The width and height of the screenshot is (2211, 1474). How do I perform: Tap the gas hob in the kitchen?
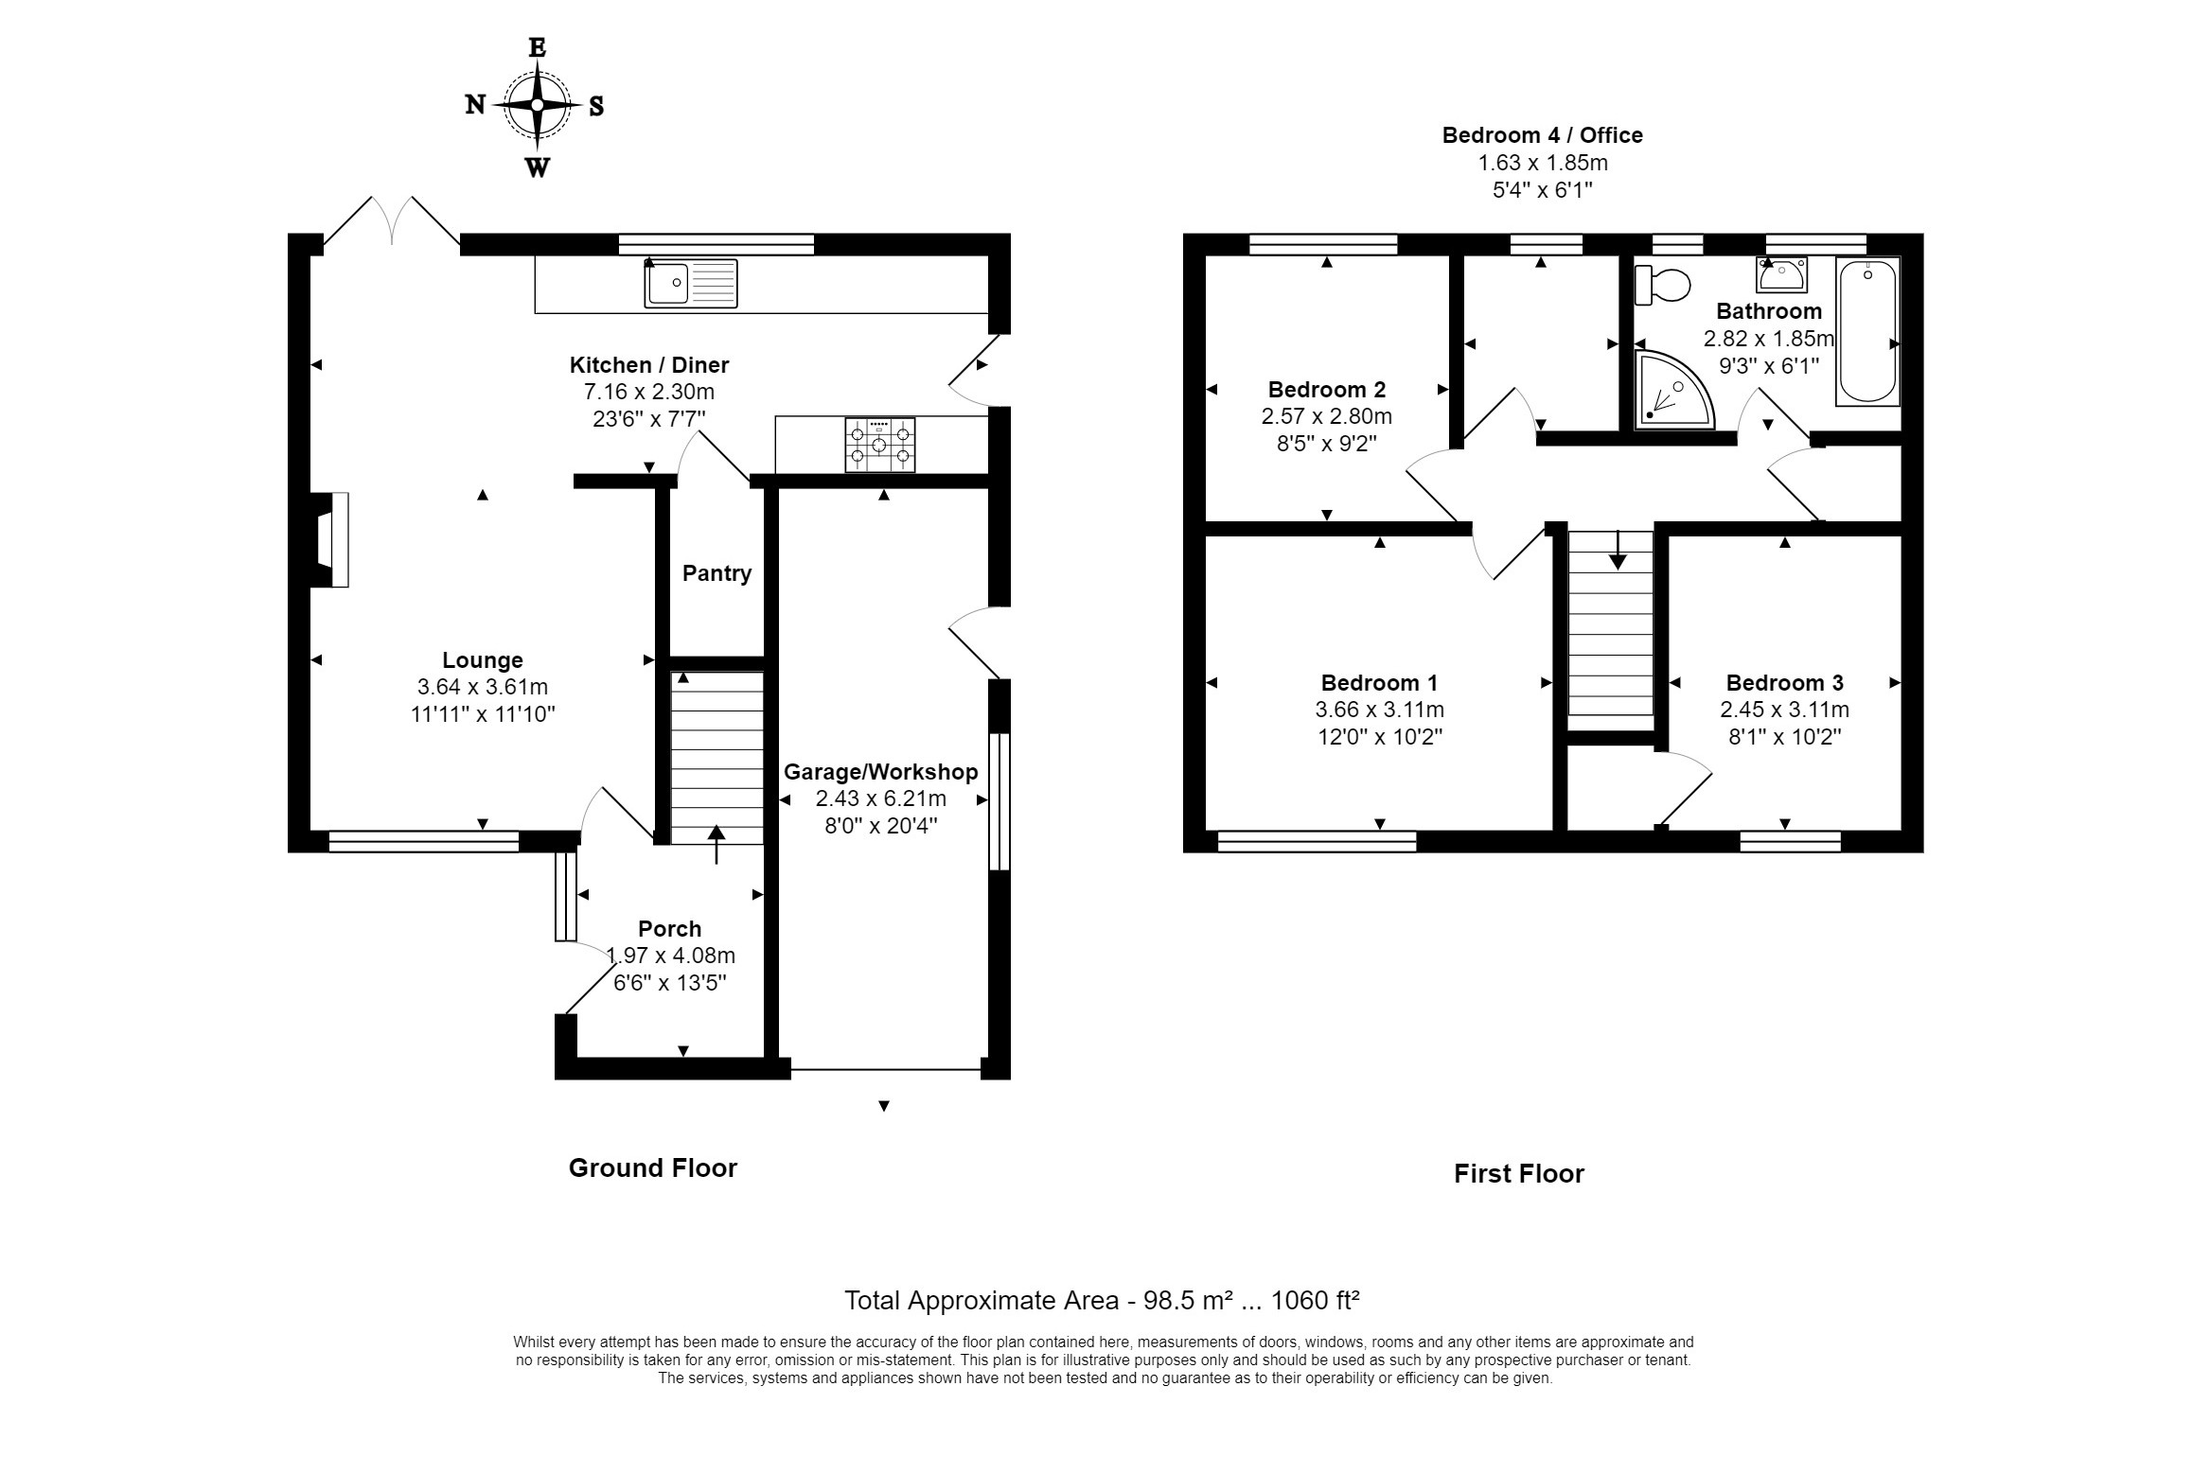[879, 445]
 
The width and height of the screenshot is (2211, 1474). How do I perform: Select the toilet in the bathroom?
[1663, 284]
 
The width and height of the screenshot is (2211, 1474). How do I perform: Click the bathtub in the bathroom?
[1867, 331]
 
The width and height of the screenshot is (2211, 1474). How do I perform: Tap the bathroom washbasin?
[1782, 274]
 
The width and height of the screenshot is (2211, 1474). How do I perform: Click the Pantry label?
[716, 573]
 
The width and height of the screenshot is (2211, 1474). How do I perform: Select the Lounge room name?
[483, 660]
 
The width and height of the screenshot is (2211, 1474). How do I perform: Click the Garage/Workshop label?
[880, 772]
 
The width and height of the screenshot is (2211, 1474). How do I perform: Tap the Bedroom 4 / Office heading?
[1542, 135]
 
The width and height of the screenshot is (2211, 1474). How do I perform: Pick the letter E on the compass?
[537, 47]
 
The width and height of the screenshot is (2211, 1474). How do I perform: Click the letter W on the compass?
[537, 168]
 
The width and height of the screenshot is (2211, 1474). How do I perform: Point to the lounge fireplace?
[329, 540]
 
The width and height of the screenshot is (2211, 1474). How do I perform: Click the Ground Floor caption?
[652, 1168]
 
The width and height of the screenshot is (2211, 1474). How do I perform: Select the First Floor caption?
[1518, 1174]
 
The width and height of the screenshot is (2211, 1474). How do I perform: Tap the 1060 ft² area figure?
[1315, 1300]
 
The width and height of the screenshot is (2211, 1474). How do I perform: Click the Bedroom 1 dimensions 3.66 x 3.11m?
[1379, 710]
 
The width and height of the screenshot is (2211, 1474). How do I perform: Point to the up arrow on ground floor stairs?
[716, 844]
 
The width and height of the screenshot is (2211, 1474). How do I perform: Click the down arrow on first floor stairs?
[1618, 550]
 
